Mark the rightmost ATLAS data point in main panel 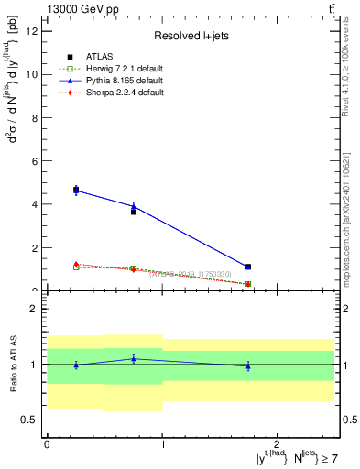[248, 267]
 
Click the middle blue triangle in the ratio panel [134, 359]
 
